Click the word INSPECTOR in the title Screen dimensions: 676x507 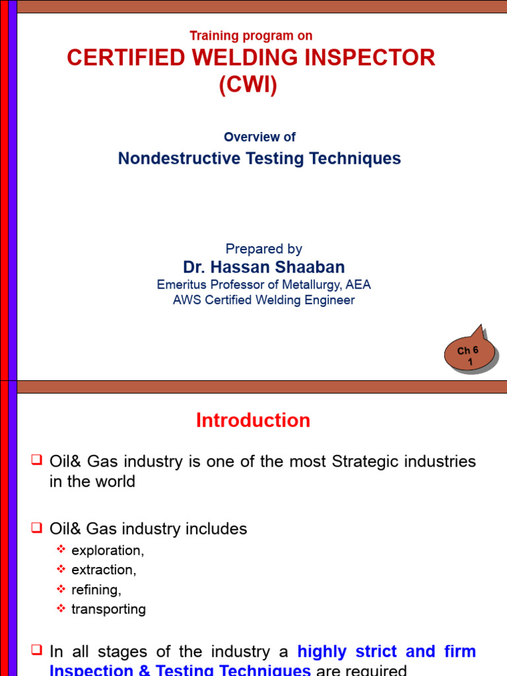(x=370, y=58)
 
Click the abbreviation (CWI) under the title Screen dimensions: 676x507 (x=248, y=86)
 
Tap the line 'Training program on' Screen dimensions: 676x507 (x=251, y=36)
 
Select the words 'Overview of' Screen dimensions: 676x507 (x=259, y=137)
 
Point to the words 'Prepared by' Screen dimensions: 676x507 (x=263, y=249)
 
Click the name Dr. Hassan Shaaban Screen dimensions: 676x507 (x=263, y=267)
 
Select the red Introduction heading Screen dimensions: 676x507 (x=253, y=421)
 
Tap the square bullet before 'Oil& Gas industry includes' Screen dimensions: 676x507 (x=37, y=527)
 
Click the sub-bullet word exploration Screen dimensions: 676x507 (x=108, y=551)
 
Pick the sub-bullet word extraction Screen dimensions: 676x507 (x=104, y=570)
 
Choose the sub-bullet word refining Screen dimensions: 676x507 (x=96, y=590)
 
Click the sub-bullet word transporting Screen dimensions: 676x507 (x=108, y=609)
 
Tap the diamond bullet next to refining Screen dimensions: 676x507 (x=61, y=588)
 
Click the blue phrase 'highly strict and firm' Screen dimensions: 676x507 (x=386, y=652)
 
